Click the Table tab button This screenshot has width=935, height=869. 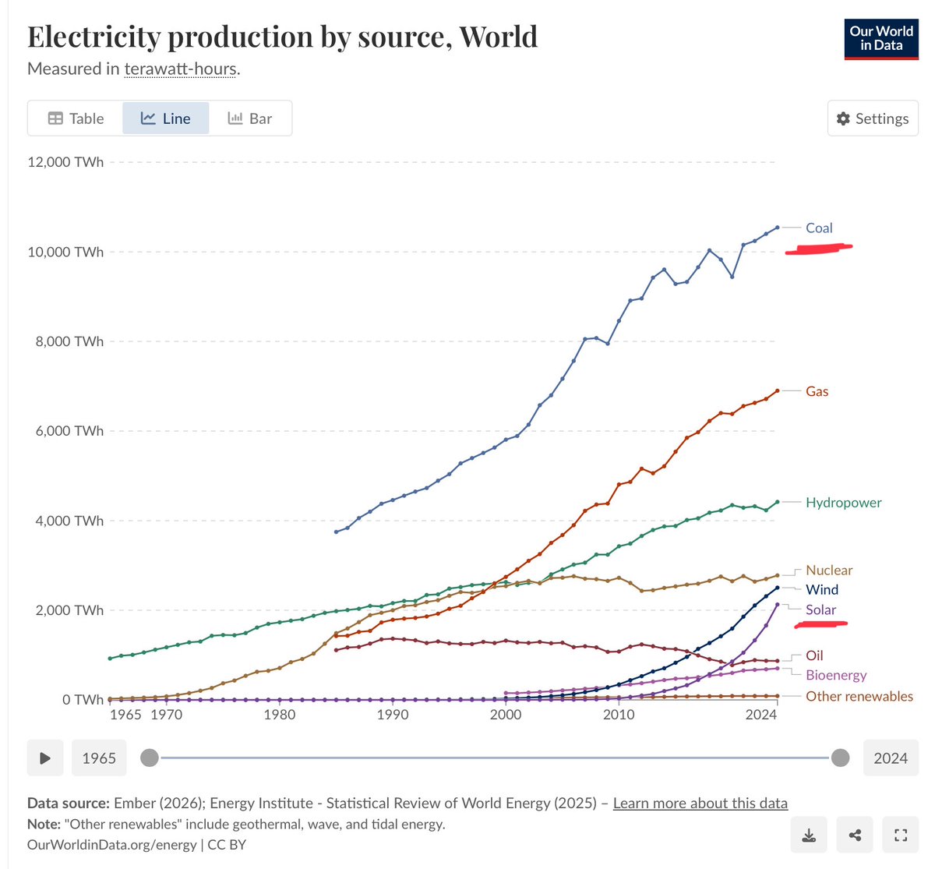pos(76,118)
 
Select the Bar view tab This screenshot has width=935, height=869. pos(250,118)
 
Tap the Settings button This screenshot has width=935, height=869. pos(873,118)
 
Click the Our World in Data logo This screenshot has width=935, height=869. pos(881,39)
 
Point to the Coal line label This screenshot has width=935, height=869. pos(819,228)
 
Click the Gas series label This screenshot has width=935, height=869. pos(817,391)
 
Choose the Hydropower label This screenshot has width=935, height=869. pos(843,503)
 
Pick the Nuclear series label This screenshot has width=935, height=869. pos(829,571)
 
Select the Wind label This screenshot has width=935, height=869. pos(822,590)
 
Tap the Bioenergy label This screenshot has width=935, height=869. pos(836,675)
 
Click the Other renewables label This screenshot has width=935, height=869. pos(859,696)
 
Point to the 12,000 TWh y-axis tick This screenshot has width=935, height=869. pos(68,162)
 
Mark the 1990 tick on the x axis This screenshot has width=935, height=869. pos(393,715)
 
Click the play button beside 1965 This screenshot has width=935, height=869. pos(45,758)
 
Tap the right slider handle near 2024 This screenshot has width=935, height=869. pos(840,758)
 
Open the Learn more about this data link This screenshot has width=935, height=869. pos(700,803)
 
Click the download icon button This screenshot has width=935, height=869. pos(809,836)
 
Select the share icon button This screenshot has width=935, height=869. pos(855,836)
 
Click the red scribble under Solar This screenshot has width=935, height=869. pos(820,624)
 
